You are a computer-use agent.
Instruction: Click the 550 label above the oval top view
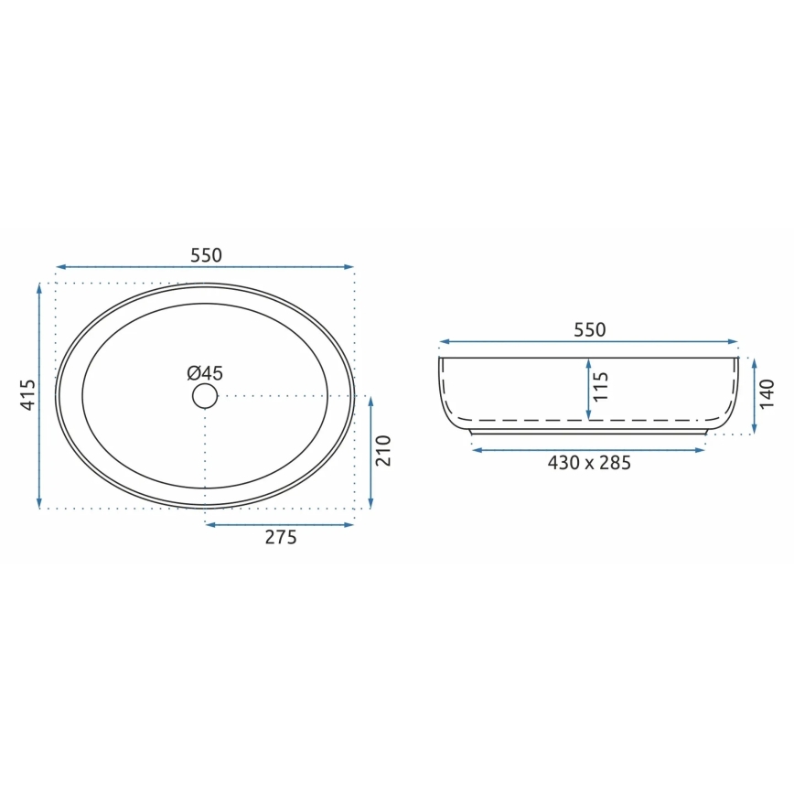click(206, 255)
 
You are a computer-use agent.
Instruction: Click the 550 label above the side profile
click(589, 330)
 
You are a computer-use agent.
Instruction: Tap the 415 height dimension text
click(27, 394)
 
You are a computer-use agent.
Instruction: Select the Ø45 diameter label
click(205, 372)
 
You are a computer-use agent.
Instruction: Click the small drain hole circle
click(205, 395)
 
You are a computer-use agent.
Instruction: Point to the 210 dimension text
click(383, 451)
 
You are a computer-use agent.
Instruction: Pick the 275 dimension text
click(281, 538)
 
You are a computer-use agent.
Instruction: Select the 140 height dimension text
click(767, 393)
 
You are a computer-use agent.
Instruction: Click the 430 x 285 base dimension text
click(589, 463)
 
